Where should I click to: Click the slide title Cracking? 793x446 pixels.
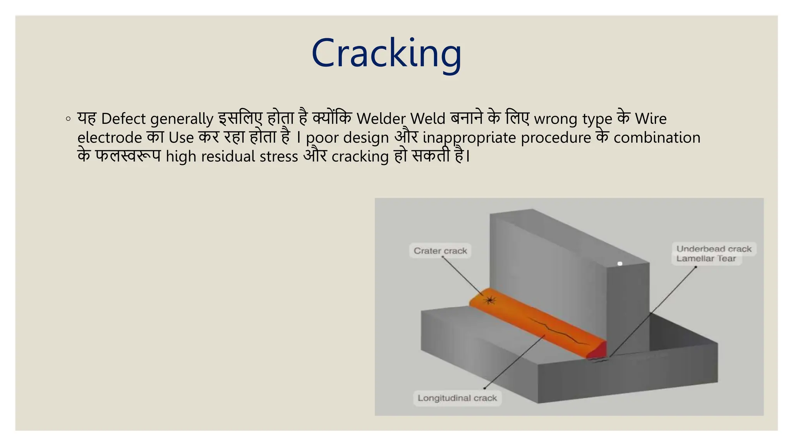pyautogui.click(x=386, y=53)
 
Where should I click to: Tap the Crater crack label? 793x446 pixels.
pyautogui.click(x=440, y=251)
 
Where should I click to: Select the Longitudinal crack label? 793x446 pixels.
pyautogui.click(x=457, y=398)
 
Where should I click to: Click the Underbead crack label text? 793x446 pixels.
pyautogui.click(x=714, y=249)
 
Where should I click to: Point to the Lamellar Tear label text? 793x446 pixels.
pyautogui.click(x=706, y=259)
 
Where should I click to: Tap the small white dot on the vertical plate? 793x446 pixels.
pyautogui.click(x=620, y=264)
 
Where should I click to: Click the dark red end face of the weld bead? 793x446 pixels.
pyautogui.click(x=599, y=351)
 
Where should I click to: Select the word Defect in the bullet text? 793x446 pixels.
pyautogui.click(x=124, y=119)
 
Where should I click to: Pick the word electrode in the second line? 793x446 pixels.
pyautogui.click(x=110, y=138)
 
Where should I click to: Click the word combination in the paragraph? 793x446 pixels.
pyautogui.click(x=657, y=138)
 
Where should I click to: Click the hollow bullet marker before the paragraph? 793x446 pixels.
pyautogui.click(x=68, y=119)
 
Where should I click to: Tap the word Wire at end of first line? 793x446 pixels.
pyautogui.click(x=651, y=119)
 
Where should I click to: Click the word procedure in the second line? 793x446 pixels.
pyautogui.click(x=556, y=138)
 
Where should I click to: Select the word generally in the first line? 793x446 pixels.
pyautogui.click(x=182, y=119)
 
